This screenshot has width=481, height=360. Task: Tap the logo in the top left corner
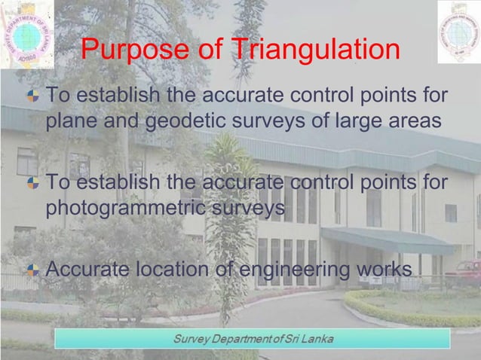pyautogui.click(x=26, y=33)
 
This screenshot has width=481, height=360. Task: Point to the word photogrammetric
pyautogui.click(x=124, y=207)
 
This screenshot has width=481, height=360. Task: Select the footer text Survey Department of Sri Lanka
pyautogui.click(x=252, y=337)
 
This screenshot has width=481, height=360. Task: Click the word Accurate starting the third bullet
pyautogui.click(x=84, y=269)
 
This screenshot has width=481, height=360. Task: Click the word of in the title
pyautogui.click(x=211, y=50)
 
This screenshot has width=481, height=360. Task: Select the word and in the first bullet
pyautogui.click(x=118, y=121)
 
